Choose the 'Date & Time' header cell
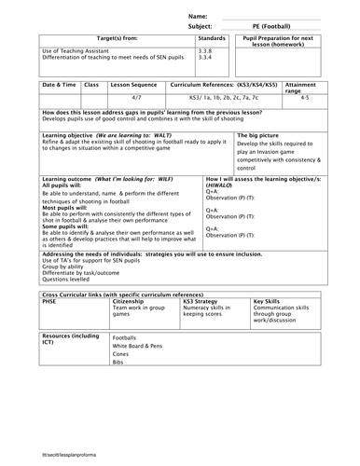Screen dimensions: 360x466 (x=61, y=83)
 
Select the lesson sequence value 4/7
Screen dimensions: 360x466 (x=136, y=96)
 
